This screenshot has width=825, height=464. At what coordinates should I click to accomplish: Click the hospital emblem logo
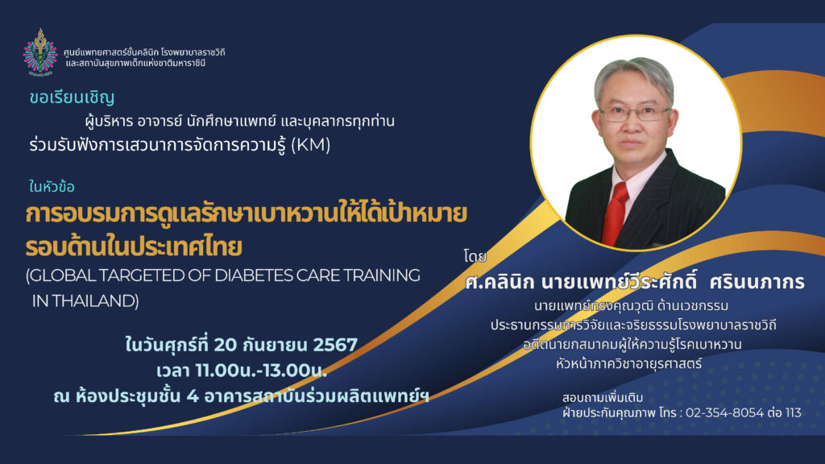click(x=40, y=52)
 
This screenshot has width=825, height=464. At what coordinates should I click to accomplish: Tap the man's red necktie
click(x=616, y=213)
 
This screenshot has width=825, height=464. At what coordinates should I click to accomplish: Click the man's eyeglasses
click(x=634, y=114)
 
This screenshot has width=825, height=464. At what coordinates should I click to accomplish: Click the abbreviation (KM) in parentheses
click(x=310, y=145)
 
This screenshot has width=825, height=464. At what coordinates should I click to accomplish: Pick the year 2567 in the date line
click(x=335, y=345)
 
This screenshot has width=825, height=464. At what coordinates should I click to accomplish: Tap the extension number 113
click(x=793, y=412)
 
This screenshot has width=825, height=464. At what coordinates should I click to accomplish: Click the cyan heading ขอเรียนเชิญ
click(x=72, y=97)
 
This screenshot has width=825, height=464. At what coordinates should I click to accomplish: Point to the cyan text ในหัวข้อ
click(x=52, y=187)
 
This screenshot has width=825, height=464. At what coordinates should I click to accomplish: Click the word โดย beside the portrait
click(x=475, y=257)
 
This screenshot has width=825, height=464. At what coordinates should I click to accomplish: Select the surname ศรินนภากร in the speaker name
click(x=757, y=282)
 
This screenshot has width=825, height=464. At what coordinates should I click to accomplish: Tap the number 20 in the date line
click(x=226, y=345)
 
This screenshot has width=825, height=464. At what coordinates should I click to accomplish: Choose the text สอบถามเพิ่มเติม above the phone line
click(x=603, y=397)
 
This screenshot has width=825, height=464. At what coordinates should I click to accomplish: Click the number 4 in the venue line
click(x=193, y=396)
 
